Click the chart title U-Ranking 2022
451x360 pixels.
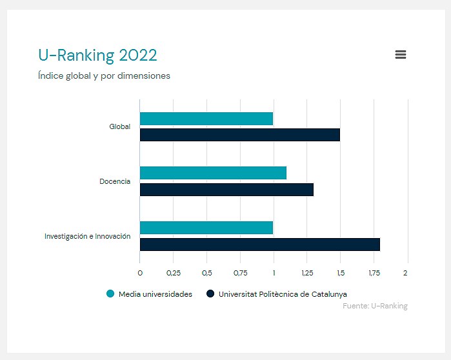97,55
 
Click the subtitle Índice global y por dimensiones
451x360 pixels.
104,75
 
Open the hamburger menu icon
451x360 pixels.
400,55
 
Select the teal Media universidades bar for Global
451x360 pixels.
206,119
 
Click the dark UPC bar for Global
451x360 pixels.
239,135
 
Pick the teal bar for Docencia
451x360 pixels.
213,173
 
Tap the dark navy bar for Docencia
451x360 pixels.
226,190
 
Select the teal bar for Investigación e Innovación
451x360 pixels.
206,228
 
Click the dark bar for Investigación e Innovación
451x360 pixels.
259,245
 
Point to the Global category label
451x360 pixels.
119,126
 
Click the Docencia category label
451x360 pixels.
114,181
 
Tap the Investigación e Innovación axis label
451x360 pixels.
87,236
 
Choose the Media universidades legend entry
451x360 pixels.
150,294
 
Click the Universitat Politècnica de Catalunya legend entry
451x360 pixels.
276,294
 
